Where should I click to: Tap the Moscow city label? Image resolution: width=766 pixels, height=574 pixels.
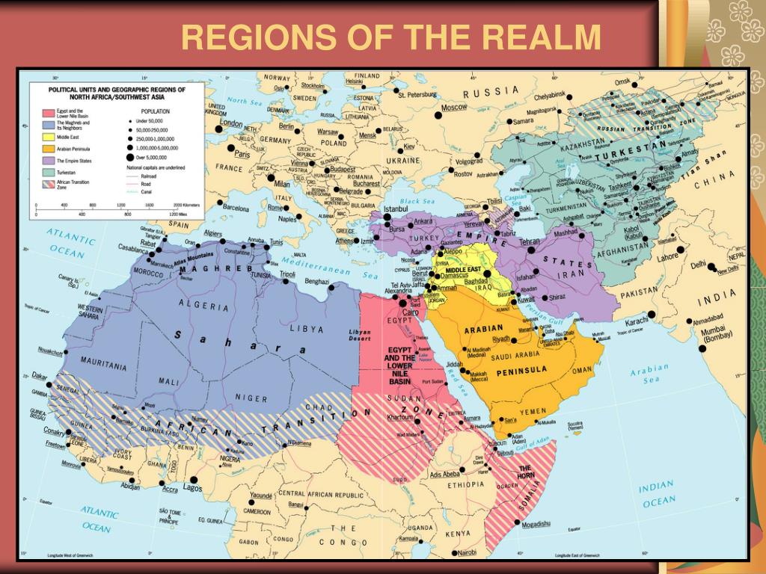[453, 107]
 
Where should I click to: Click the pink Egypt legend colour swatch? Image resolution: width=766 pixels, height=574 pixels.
[46, 113]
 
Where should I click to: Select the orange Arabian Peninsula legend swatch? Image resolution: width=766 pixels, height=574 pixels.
[46, 149]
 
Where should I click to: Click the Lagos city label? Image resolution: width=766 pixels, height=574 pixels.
[192, 488]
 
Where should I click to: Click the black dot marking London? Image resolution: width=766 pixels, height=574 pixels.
[219, 129]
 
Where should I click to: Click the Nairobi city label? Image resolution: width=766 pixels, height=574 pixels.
[466, 552]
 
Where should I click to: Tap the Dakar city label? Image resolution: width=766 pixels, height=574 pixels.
[39, 376]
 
